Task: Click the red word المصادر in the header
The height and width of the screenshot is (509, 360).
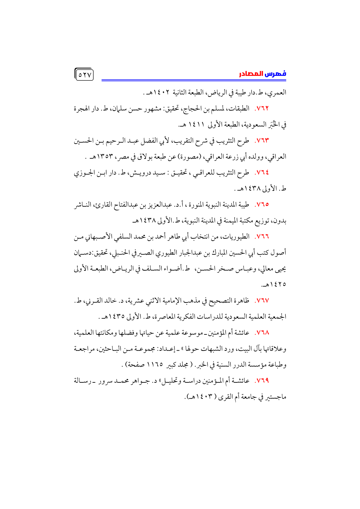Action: coord(251,74)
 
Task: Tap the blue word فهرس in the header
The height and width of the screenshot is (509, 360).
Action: coord(275,74)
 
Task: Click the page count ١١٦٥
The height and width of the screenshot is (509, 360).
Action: coord(155,365)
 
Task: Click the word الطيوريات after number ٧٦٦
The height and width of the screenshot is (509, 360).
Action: coord(238,237)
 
